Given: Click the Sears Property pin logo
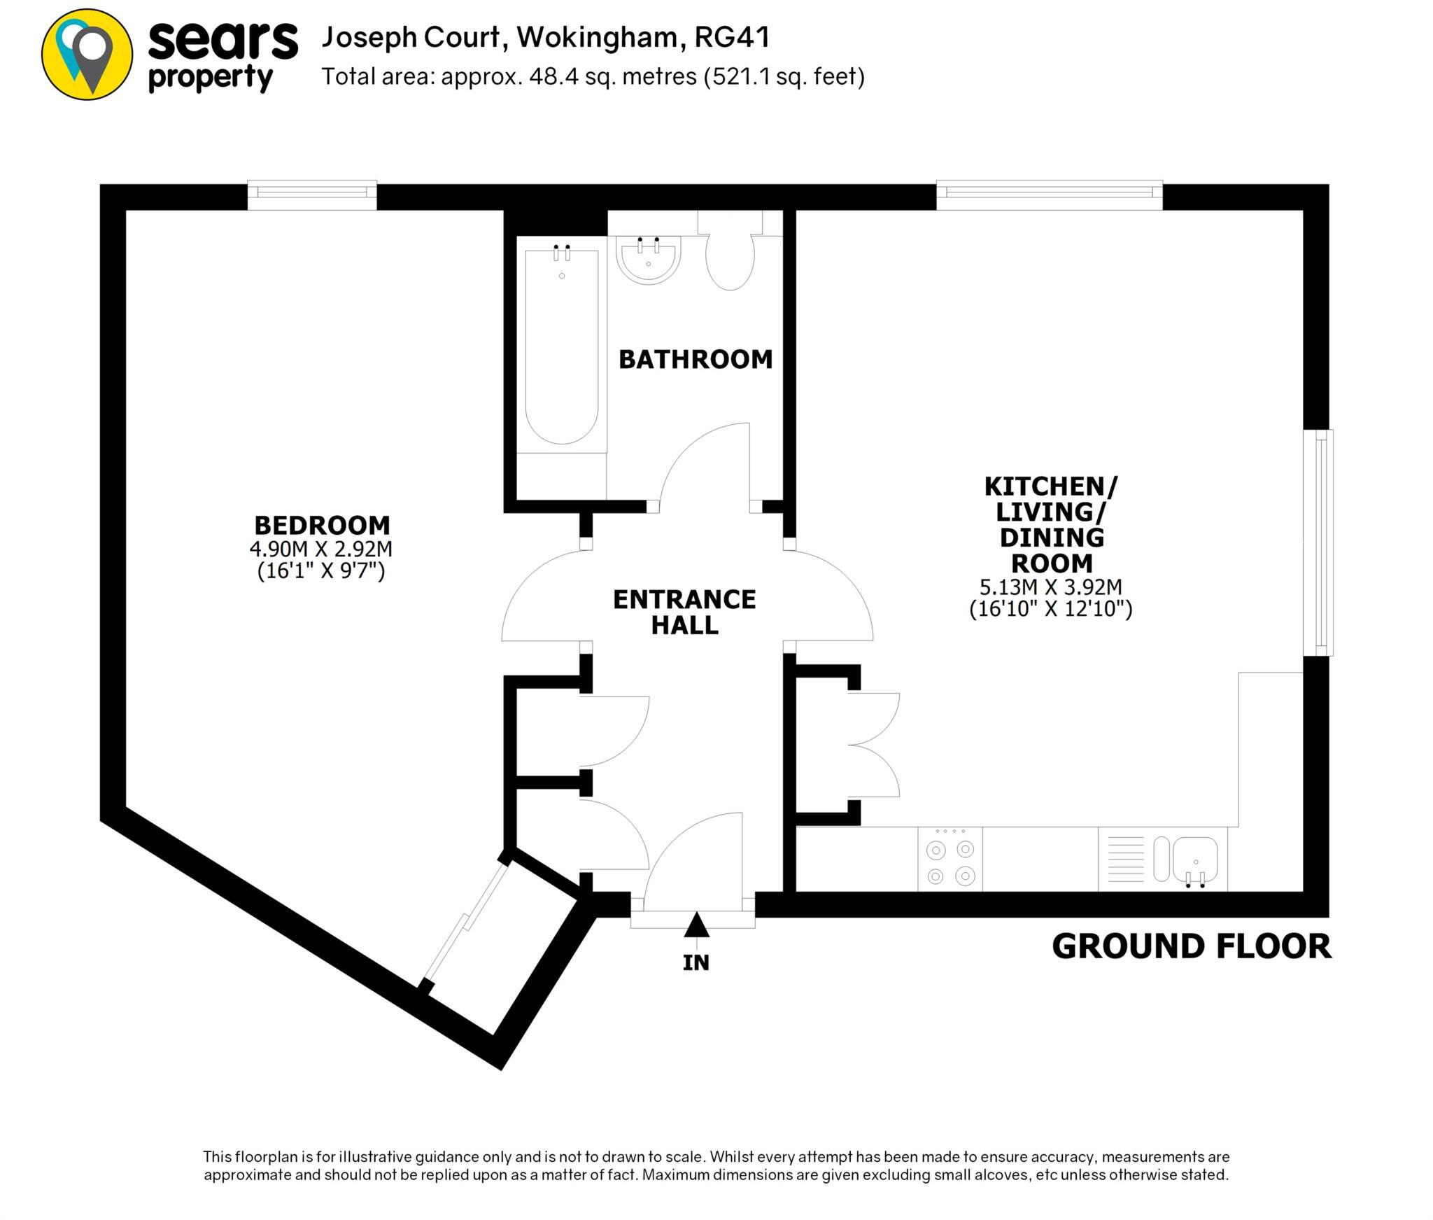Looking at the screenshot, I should tap(87, 55).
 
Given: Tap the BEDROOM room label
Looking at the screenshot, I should tap(322, 525).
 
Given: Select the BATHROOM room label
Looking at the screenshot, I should tap(696, 359).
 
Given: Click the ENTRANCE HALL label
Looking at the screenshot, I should tap(684, 612).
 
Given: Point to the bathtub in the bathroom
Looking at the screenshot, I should tap(562, 346).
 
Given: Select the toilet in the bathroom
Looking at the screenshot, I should tap(730, 259).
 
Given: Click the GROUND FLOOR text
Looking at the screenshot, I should tap(1192, 946).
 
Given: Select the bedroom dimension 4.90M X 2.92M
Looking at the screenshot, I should tap(321, 549).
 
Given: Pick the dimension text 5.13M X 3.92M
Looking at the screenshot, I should tap(1050, 587).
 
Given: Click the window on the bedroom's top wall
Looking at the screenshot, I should tap(312, 195).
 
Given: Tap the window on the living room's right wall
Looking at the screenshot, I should tap(1318, 542).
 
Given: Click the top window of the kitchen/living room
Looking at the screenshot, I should tap(1049, 195).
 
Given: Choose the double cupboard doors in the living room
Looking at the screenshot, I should tap(875, 745).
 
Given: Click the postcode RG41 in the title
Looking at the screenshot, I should tap(732, 37).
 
